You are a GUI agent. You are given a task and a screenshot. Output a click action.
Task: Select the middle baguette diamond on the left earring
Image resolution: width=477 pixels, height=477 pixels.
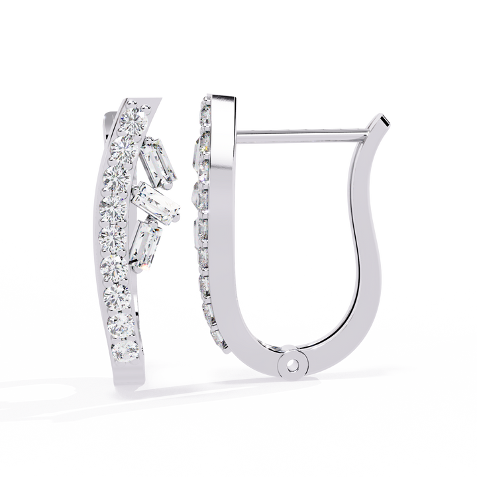coord(151,197)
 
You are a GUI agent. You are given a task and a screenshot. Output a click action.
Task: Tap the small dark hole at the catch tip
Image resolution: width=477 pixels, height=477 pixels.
coord(383,121)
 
